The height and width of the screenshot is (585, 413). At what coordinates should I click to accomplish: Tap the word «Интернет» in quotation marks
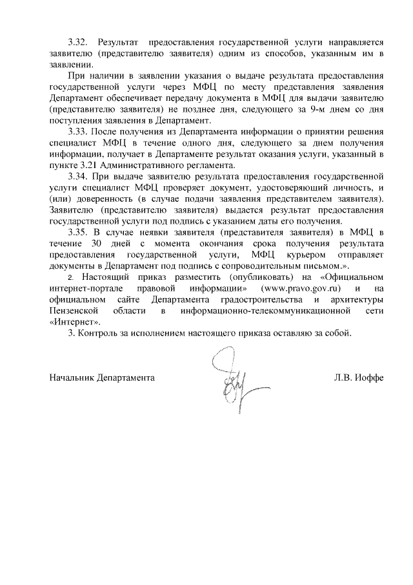point(76,321)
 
